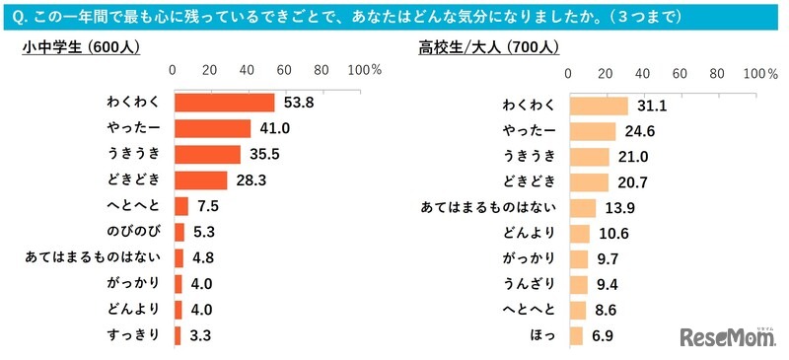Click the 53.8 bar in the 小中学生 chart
[224, 103]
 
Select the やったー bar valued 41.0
[212, 128]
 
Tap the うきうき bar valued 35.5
[207, 155]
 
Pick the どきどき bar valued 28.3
[200, 180]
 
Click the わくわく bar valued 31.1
[598, 106]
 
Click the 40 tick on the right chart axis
[642, 75]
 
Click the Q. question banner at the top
[394, 17]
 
